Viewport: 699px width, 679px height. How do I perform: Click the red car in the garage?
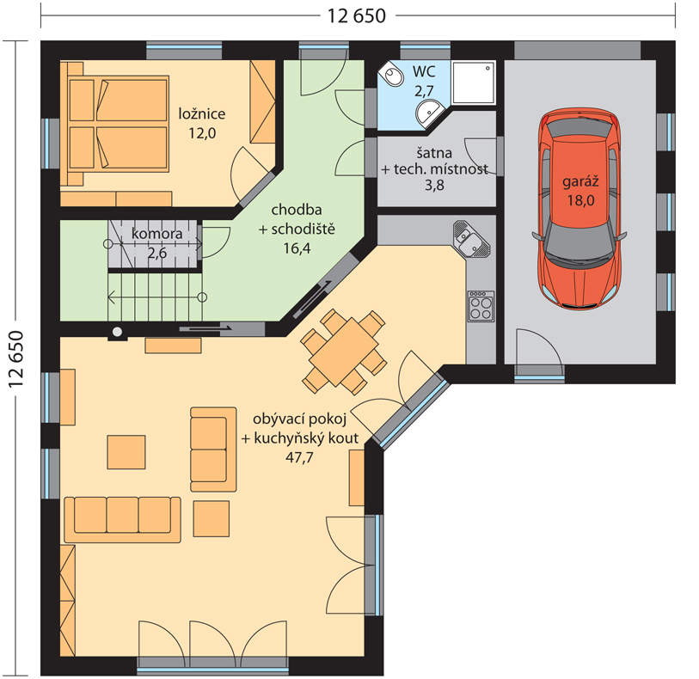pyautogui.click(x=579, y=209)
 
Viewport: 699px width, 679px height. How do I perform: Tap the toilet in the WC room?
pyautogui.click(x=392, y=75)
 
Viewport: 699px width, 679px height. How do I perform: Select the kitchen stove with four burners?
pyautogui.click(x=481, y=306)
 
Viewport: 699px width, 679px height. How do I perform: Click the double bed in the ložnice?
pyautogui.click(x=118, y=124)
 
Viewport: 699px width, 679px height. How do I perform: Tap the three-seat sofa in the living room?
pyautogui.click(x=123, y=519)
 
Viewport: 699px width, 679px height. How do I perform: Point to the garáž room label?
pyautogui.click(x=580, y=181)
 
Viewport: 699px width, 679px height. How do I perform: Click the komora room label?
pyautogui.click(x=157, y=234)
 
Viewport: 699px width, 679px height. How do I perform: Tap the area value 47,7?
pyautogui.click(x=299, y=457)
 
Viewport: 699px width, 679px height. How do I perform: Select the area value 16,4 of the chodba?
pyautogui.click(x=297, y=248)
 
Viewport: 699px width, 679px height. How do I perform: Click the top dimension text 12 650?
pyautogui.click(x=357, y=16)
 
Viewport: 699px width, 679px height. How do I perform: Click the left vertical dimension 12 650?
pyautogui.click(x=16, y=359)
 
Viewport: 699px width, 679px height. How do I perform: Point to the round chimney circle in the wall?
pyautogui.click(x=117, y=332)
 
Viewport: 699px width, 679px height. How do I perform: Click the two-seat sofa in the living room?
pyautogui.click(x=213, y=450)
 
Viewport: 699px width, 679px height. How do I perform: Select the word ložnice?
pyautogui.click(x=202, y=113)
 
